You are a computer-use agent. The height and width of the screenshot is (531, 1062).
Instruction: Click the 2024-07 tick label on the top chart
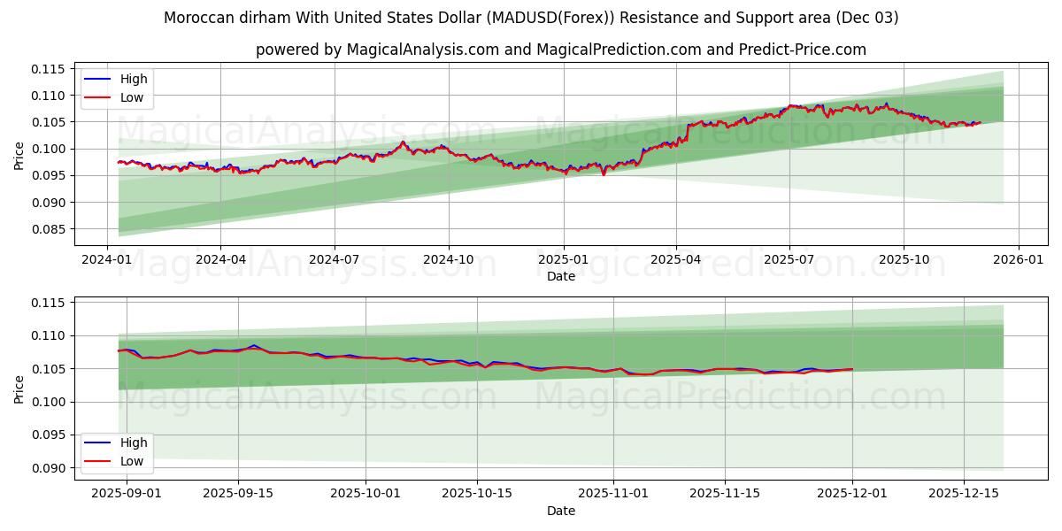coord(335,260)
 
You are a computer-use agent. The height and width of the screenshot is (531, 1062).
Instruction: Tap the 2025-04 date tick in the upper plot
coord(676,260)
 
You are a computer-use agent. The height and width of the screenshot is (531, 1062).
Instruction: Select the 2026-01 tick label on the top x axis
coord(1018,260)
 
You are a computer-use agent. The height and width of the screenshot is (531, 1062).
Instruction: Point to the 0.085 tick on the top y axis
coord(50,229)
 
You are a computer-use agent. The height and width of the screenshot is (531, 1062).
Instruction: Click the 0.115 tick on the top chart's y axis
coord(50,69)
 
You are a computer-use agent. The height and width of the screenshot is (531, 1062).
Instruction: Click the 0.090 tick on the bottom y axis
coord(50,468)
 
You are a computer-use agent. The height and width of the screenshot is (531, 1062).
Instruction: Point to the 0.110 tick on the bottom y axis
coord(50,335)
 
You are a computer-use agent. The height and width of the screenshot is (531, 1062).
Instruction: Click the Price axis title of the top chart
coord(19,155)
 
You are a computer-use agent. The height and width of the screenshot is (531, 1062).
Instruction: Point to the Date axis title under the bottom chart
coord(560,511)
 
